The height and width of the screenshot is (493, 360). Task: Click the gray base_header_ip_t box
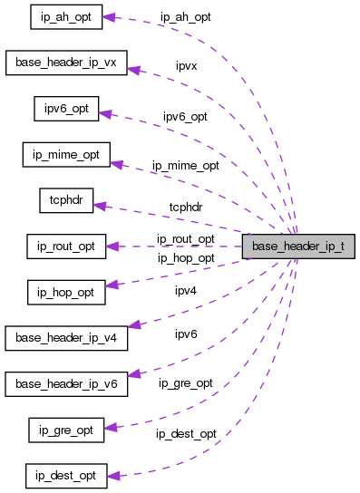pyautogui.click(x=297, y=246)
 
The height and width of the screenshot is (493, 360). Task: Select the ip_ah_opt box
pyautogui.click(x=65, y=16)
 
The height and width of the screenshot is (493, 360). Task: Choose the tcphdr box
pyautogui.click(x=65, y=200)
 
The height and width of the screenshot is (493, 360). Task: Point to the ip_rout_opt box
pyautogui.click(x=65, y=246)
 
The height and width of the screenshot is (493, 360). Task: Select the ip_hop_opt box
pyautogui.click(x=65, y=292)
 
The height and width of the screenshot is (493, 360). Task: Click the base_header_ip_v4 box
pyautogui.click(x=66, y=337)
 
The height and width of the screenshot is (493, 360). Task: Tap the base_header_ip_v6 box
pyautogui.click(x=66, y=383)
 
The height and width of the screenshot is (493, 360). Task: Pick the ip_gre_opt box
pyautogui.click(x=65, y=429)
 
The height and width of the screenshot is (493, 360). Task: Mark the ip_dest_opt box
pyautogui.click(x=65, y=475)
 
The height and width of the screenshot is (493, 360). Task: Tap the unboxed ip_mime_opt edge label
pyautogui.click(x=186, y=166)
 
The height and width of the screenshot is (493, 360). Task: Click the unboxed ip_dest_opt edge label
pyautogui.click(x=186, y=434)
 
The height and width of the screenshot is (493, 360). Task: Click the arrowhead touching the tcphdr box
pyautogui.click(x=101, y=206)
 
